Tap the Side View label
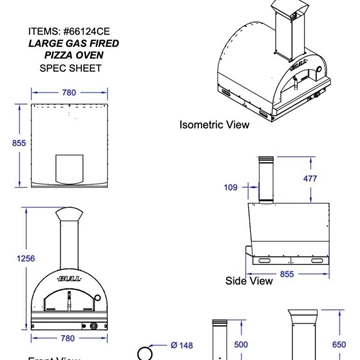pyautogui.click(x=249, y=281)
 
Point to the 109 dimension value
pyautogui.click(x=232, y=186)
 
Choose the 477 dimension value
pyautogui.click(x=339, y=178)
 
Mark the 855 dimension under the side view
pyautogui.click(x=285, y=272)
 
